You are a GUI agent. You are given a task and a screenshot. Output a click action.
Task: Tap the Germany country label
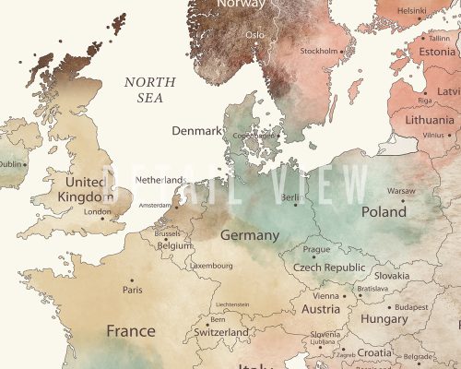[249, 235]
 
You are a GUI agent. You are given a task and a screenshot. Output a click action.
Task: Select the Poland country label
[383, 211]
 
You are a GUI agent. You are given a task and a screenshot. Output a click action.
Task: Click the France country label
[130, 330]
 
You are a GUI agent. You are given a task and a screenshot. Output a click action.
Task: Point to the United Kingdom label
[84, 189]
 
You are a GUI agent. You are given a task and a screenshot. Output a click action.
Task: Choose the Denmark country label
[196, 131]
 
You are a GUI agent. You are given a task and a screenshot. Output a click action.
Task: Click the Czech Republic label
[329, 267]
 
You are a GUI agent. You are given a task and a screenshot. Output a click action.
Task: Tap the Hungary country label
[384, 318]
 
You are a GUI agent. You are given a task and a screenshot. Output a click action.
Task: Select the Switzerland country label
[221, 332]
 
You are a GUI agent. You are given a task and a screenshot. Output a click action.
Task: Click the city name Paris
[133, 290]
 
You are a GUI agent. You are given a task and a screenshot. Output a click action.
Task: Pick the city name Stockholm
[319, 51]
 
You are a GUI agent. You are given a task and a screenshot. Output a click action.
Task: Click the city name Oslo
[254, 34]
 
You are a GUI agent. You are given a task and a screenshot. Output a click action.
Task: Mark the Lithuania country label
[428, 120]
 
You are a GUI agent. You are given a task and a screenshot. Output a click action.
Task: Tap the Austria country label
[321, 310]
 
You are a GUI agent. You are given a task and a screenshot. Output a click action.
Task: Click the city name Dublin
[9, 164]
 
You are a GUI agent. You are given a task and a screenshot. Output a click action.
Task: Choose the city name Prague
[316, 249]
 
